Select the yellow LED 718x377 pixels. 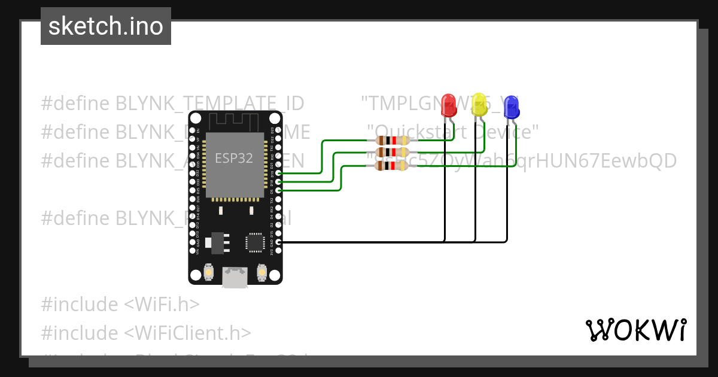click(479, 105)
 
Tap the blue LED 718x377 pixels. click(510, 108)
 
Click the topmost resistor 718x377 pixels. click(391, 141)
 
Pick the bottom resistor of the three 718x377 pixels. click(391, 166)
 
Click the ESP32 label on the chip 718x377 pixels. click(234, 159)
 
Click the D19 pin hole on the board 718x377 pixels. click(278, 173)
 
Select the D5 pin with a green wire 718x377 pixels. click(278, 190)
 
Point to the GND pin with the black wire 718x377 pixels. click(278, 242)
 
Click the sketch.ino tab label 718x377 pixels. click(106, 26)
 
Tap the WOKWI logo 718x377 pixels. click(635, 330)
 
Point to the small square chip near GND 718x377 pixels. click(254, 242)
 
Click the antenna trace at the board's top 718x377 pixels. click(235, 121)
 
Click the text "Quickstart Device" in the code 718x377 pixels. click(453, 131)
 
